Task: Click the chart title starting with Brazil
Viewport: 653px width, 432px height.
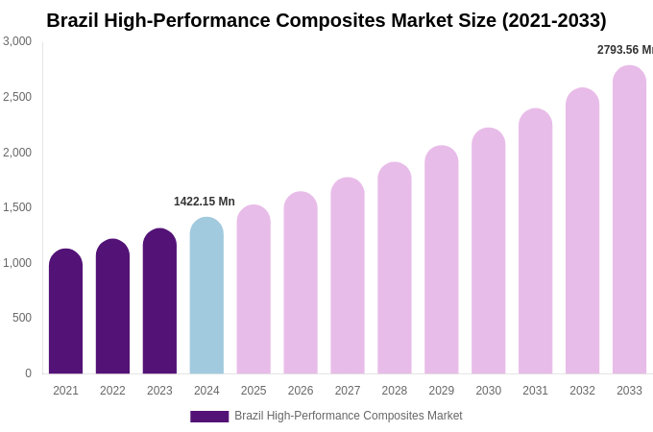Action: coord(326,20)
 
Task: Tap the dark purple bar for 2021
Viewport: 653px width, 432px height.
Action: coord(65,311)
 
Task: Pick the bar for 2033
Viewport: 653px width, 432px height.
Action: coord(629,220)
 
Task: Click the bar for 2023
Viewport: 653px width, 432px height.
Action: coord(159,301)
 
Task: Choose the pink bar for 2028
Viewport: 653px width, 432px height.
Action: coord(395,268)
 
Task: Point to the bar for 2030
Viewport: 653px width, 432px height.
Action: coord(488,251)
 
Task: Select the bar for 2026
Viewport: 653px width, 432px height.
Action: coord(301,283)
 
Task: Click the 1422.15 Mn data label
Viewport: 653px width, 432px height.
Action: coord(204,202)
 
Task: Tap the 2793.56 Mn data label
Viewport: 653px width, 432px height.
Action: coord(625,50)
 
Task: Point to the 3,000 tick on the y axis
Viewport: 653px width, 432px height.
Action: coord(17,41)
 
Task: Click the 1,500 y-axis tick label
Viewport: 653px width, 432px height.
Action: coord(17,207)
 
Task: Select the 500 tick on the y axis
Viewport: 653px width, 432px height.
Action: coord(22,318)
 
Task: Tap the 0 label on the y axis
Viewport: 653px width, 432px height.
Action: coord(28,373)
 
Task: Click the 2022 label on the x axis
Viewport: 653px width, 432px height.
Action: coord(112,391)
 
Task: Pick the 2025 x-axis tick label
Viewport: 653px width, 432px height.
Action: coord(254,391)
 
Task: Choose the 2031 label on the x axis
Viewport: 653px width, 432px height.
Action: coord(535,391)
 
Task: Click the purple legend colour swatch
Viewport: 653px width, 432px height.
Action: coord(209,417)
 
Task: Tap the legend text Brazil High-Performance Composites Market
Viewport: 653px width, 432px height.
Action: coord(349,416)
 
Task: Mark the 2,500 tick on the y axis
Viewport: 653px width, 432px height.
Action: coord(17,97)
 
